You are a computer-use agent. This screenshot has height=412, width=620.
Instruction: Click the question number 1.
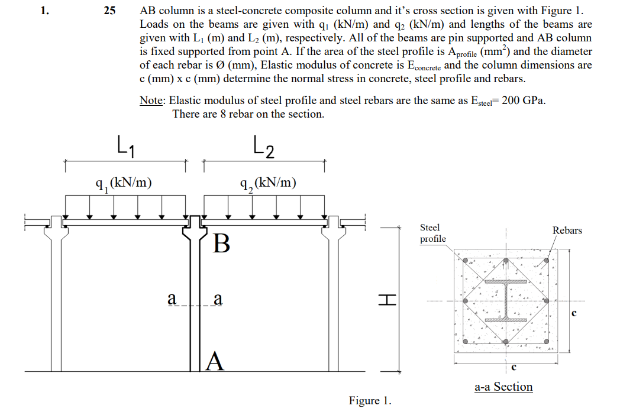point(44,11)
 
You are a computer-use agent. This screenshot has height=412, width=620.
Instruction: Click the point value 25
point(109,11)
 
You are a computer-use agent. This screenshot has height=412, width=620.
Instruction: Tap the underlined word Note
point(151,100)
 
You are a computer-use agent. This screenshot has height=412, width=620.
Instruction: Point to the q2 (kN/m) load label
point(268,183)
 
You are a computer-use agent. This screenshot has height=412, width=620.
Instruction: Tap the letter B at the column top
point(221,243)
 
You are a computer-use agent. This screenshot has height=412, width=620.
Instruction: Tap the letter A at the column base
point(217,360)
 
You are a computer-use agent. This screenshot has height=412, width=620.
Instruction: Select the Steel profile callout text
point(432,233)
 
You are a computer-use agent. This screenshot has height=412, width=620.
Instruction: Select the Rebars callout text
point(567,230)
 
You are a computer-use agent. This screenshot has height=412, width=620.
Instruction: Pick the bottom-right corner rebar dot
point(546,342)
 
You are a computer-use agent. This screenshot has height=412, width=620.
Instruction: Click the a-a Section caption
point(503,387)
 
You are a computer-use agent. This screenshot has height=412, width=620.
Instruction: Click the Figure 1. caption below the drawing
point(370,401)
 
